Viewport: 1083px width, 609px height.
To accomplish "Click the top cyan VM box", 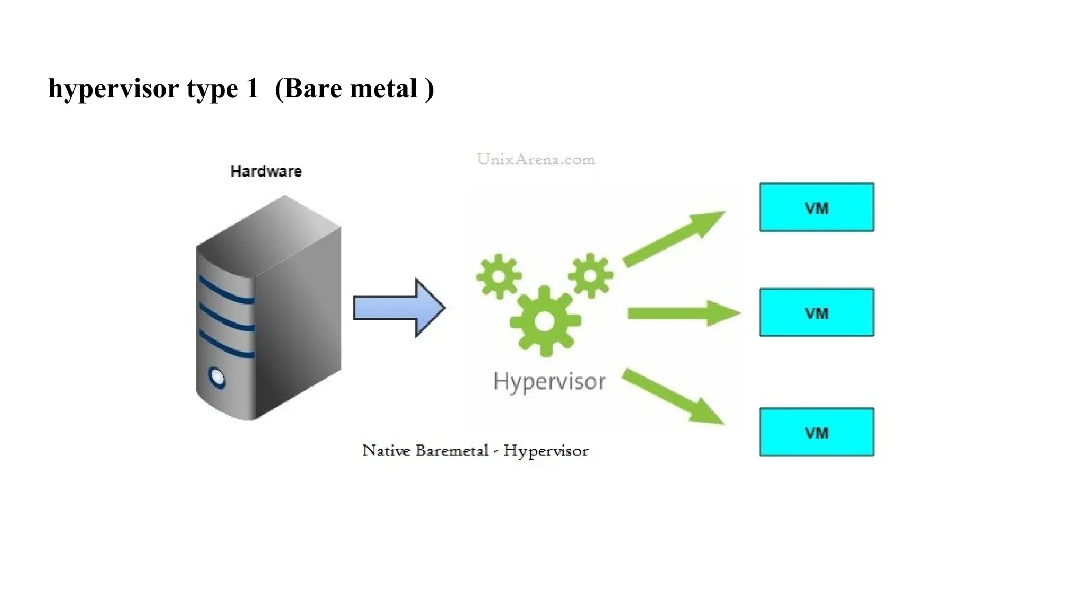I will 816,207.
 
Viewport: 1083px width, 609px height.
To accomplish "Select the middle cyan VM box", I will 816,312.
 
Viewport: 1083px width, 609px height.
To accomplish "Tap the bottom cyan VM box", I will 816,432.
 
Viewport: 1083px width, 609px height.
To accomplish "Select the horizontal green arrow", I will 682,313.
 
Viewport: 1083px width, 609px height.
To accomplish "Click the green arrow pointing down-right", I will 672,396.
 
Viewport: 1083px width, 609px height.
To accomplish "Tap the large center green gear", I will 545,321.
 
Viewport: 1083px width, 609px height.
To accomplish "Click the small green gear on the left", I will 499,276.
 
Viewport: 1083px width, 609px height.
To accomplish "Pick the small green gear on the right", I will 591,275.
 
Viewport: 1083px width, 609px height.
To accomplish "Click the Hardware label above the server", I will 266,171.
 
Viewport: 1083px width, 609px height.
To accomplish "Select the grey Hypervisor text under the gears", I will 549,382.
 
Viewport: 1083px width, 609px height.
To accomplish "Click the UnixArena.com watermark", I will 536,159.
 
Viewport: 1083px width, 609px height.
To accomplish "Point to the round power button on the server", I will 217,377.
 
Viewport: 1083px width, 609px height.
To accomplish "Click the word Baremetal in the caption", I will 452,450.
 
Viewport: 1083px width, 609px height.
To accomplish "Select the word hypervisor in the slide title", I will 114,89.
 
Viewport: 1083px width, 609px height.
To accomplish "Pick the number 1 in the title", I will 252,88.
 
